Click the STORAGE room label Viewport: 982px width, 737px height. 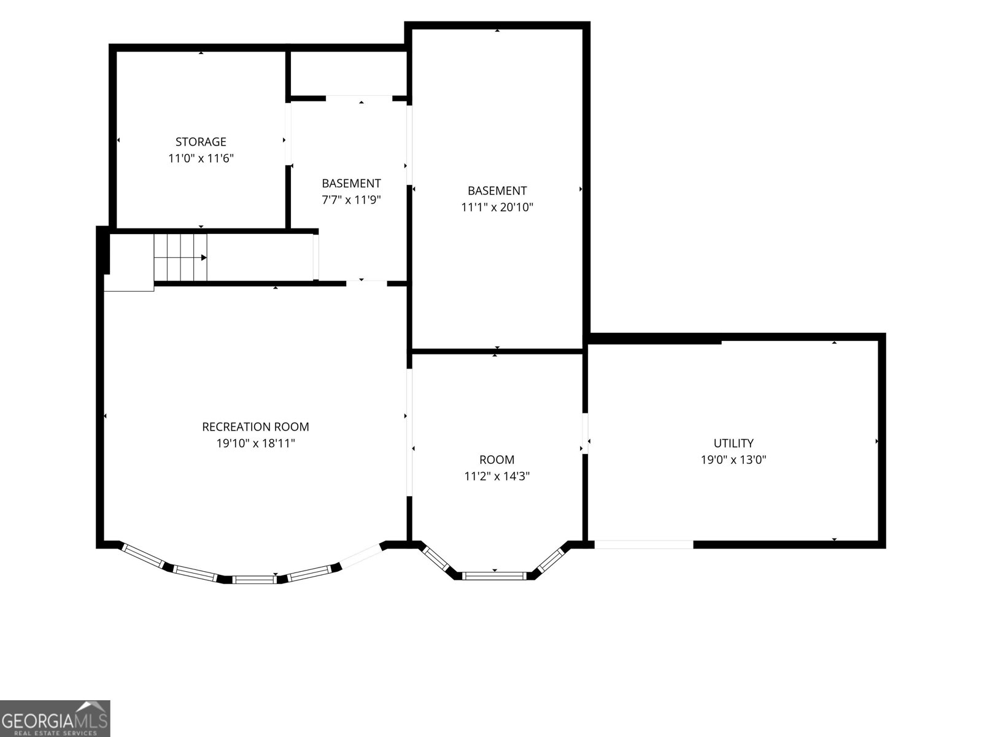(x=201, y=142)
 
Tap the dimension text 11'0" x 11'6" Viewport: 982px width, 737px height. (x=201, y=158)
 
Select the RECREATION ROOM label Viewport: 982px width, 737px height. (x=255, y=427)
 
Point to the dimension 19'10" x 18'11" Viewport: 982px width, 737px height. (x=255, y=443)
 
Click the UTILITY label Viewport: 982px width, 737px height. (x=733, y=443)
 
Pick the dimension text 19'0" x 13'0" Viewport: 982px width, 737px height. (x=733, y=459)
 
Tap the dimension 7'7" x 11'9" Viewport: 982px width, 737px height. (x=351, y=200)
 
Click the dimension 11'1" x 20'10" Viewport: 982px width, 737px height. (x=497, y=207)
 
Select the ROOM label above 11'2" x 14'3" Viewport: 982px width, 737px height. (x=497, y=459)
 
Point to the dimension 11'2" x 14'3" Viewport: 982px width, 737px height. (x=497, y=476)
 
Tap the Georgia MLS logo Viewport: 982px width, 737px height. (x=55, y=719)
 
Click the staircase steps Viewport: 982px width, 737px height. (x=180, y=258)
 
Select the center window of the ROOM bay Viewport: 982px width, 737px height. (x=494, y=576)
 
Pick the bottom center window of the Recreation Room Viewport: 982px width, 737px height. (x=255, y=580)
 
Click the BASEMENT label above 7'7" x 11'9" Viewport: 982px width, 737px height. (x=351, y=183)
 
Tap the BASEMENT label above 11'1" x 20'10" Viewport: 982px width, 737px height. (x=497, y=190)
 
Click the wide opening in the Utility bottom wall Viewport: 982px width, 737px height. (x=644, y=545)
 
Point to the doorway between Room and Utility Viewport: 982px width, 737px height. (x=585, y=433)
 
